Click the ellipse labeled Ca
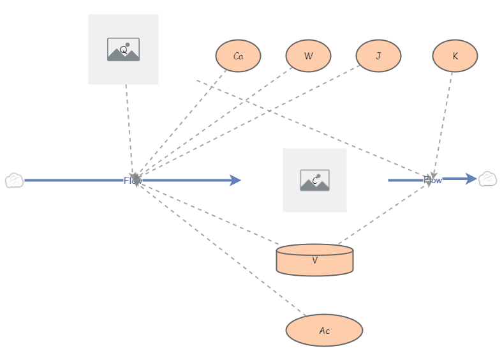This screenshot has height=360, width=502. (x=238, y=56)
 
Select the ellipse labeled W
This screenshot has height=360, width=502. (x=308, y=56)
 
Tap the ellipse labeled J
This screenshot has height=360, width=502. (x=378, y=56)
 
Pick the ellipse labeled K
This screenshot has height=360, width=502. (x=455, y=56)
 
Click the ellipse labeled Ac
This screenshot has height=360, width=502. (x=324, y=331)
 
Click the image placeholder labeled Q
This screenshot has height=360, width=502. (x=123, y=49)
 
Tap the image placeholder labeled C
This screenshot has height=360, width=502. (x=314, y=180)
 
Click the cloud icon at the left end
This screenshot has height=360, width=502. (x=13, y=181)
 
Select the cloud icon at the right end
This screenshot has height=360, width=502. (x=488, y=179)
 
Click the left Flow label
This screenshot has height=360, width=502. (x=132, y=181)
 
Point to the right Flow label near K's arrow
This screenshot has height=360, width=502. (x=433, y=181)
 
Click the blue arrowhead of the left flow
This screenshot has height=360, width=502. (x=235, y=181)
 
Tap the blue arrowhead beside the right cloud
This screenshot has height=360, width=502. (x=471, y=179)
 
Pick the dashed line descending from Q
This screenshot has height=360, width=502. (x=129, y=128)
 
